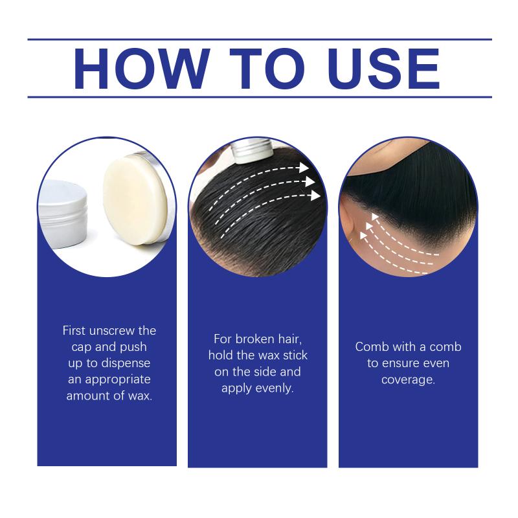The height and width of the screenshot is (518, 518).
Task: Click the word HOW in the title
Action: (x=142, y=69)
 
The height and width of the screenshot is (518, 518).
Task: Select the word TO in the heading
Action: (x=267, y=69)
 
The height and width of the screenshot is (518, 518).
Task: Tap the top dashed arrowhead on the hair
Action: (x=303, y=167)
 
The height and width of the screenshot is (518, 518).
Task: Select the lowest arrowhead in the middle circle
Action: (x=315, y=196)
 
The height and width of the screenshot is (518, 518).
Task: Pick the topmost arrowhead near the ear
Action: (x=375, y=217)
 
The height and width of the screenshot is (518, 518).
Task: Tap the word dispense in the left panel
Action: (x=126, y=363)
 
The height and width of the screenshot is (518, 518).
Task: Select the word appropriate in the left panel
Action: (x=118, y=380)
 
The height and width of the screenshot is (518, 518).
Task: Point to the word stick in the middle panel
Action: (x=295, y=355)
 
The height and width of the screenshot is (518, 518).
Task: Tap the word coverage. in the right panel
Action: (x=408, y=380)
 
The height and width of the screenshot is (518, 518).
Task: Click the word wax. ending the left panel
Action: (x=141, y=396)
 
